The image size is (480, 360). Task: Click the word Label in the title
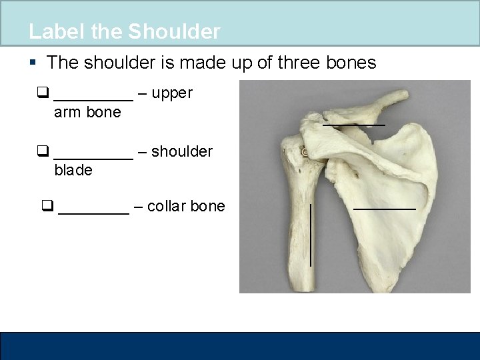click(x=51, y=31)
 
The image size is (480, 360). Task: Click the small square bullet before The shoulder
click(x=33, y=63)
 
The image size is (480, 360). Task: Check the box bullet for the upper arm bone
click(x=43, y=93)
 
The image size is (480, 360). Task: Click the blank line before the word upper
click(x=93, y=98)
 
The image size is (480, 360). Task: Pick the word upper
click(x=172, y=94)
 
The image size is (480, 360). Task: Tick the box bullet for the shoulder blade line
click(x=43, y=151)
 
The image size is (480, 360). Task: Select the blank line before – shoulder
click(x=93, y=157)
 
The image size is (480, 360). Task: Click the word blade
click(x=73, y=171)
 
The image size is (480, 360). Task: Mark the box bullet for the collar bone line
click(x=47, y=207)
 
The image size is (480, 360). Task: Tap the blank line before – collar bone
click(x=93, y=212)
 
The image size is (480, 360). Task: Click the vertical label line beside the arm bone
click(x=311, y=235)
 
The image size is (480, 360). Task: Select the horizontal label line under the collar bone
click(x=353, y=125)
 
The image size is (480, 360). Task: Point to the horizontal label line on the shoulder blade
click(x=384, y=209)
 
